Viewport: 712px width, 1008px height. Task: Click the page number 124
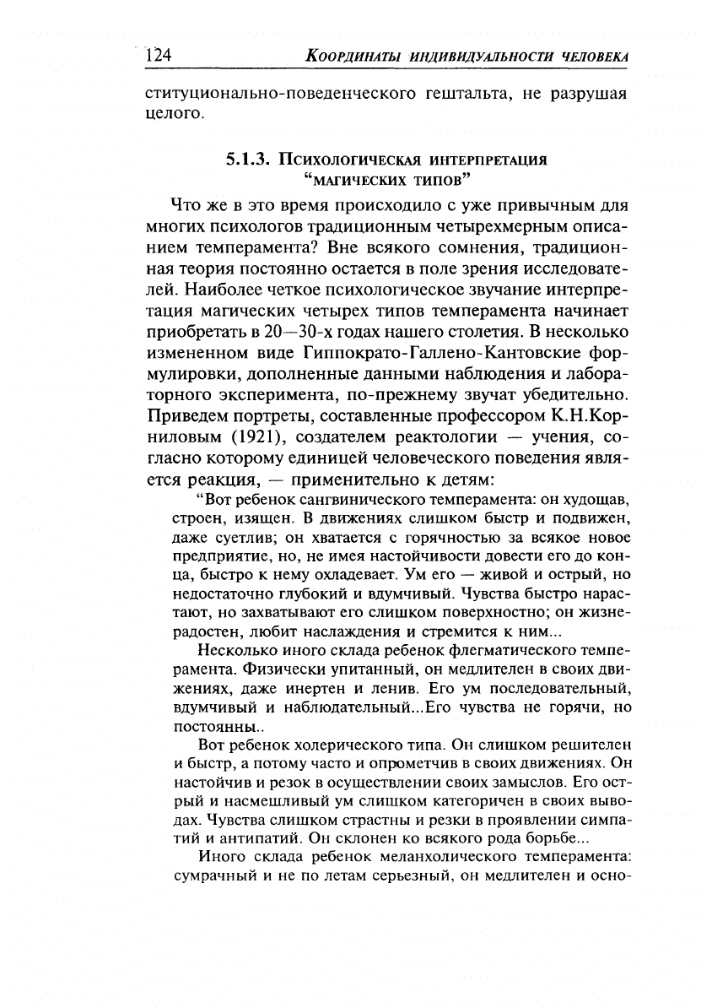click(x=159, y=56)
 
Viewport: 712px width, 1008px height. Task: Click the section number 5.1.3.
click(x=250, y=158)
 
